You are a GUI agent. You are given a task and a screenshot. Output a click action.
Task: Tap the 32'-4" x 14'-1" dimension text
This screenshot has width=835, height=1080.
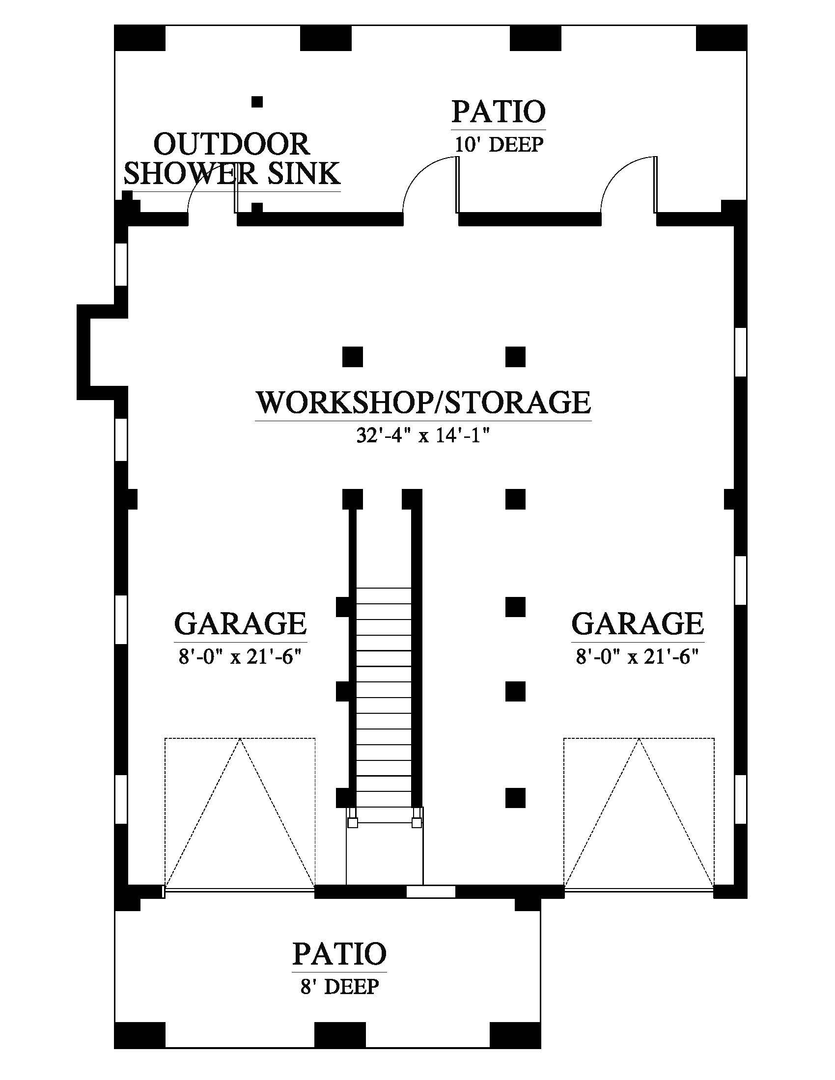tap(423, 435)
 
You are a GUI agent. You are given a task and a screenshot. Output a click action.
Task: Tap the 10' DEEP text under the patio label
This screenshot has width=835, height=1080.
tap(499, 144)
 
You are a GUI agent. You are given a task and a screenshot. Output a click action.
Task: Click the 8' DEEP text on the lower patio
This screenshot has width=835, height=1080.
tap(339, 987)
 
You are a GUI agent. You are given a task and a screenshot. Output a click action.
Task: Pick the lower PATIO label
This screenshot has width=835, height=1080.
tap(339, 953)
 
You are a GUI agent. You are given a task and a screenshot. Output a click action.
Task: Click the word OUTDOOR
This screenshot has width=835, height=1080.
tap(231, 144)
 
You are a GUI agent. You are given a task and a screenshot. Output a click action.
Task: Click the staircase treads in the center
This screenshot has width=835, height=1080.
tap(384, 692)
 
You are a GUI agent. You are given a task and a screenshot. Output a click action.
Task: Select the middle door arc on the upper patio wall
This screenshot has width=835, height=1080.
tap(425, 178)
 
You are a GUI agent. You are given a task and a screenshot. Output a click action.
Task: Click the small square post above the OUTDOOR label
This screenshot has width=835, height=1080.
tap(257, 102)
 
